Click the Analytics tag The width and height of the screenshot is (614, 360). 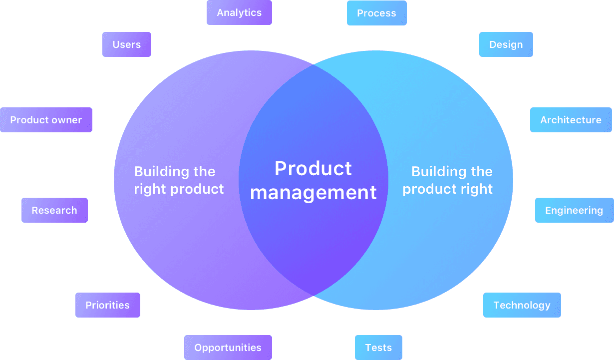(x=239, y=12)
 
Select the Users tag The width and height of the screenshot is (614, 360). (x=126, y=44)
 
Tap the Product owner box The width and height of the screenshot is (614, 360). (x=46, y=120)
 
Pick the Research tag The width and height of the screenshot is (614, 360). (x=54, y=210)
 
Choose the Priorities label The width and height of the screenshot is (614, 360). (x=107, y=305)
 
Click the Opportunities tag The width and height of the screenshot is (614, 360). (x=228, y=348)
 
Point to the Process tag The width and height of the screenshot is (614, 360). (x=376, y=13)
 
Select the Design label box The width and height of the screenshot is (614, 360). (x=506, y=44)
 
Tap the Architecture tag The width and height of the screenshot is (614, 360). (x=571, y=120)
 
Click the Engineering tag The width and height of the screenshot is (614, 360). (x=574, y=210)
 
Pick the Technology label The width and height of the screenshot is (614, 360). (x=522, y=305)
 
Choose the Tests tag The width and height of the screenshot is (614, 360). (x=378, y=348)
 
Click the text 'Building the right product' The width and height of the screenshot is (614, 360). (x=179, y=180)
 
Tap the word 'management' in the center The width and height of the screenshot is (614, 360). (x=313, y=192)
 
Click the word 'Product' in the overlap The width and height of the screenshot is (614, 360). (x=313, y=169)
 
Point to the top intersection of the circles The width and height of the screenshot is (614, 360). (x=313, y=65)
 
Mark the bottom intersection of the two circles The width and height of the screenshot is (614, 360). (x=313, y=295)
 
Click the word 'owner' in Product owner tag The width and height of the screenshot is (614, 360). (x=67, y=120)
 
